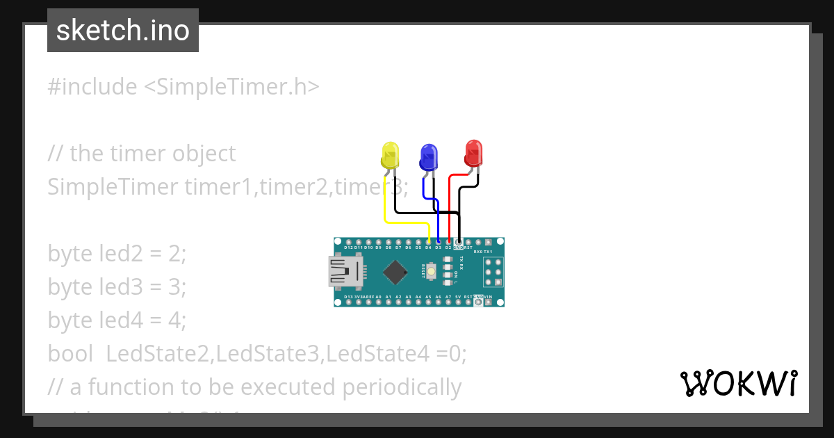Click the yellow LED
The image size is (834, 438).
[x=391, y=154]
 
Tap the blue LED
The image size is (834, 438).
[x=429, y=156]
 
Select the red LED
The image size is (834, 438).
[x=474, y=152]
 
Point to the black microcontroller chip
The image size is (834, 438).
[x=395, y=272]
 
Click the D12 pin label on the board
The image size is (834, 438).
[x=348, y=248]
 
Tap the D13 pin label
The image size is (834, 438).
[x=348, y=297]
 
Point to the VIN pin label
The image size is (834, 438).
[x=488, y=297]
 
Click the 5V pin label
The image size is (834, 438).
[x=458, y=297]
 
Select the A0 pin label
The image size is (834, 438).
[x=378, y=297]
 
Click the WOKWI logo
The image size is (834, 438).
[x=739, y=383]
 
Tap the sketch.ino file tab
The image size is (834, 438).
[x=123, y=31]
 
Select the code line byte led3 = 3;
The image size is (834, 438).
[x=117, y=286]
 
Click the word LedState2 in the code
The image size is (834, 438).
[x=158, y=353]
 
